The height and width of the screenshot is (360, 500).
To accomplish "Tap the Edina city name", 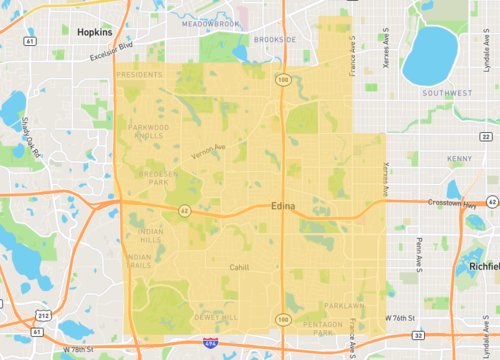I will click(284, 206).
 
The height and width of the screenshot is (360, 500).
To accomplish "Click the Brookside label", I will click(275, 40).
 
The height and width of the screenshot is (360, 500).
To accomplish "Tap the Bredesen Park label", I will click(152, 177).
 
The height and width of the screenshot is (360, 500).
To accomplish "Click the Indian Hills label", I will click(149, 235).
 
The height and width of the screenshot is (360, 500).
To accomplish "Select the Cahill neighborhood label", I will click(238, 267).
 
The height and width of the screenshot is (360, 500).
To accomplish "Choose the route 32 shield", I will click(418, 336).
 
